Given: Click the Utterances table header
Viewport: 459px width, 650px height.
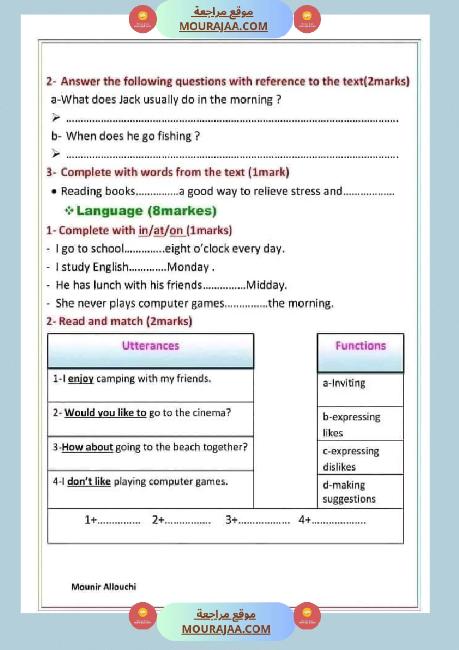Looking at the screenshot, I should [x=150, y=346].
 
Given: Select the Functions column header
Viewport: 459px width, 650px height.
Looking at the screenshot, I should [x=360, y=346].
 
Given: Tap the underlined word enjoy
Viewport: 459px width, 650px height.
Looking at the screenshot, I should [x=81, y=379].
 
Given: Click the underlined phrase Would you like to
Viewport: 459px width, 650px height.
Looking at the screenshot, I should [x=105, y=413].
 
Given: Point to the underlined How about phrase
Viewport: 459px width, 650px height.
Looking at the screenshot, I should [x=87, y=447].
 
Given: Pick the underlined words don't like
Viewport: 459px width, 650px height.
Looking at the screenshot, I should [x=89, y=482].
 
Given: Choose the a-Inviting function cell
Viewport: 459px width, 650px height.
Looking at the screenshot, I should [x=344, y=383].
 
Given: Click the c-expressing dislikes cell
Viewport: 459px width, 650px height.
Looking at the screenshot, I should [x=351, y=459].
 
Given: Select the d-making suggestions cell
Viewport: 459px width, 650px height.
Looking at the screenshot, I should [x=349, y=492].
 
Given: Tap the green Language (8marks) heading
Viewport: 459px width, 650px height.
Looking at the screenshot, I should [x=146, y=211].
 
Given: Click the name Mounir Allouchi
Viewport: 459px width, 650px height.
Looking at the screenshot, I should [x=103, y=587].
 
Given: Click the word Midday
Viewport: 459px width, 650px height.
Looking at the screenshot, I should [x=266, y=285].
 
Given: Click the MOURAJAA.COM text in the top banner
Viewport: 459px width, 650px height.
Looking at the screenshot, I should [x=223, y=27].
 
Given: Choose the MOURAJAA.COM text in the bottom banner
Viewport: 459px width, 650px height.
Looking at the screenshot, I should [x=226, y=629].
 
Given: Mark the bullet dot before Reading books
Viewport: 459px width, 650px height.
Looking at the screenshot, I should [x=53, y=191].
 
